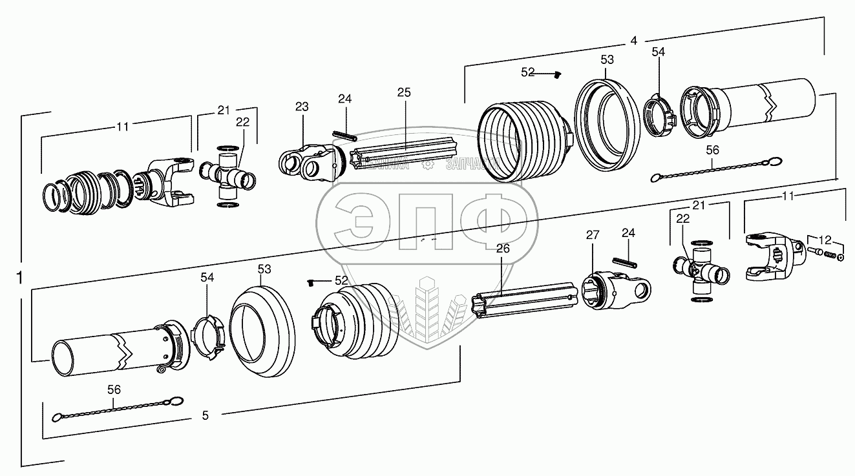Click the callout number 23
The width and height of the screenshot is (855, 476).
tap(302, 107)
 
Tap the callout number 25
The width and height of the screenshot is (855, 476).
tap(404, 93)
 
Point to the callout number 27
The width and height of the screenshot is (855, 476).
tap(593, 235)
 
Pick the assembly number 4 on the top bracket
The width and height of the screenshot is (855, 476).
tap(634, 41)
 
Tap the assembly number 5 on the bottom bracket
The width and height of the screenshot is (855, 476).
tap(205, 416)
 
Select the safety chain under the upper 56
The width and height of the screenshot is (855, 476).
tap(715, 169)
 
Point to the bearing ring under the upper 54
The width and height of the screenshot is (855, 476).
tap(659, 116)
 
